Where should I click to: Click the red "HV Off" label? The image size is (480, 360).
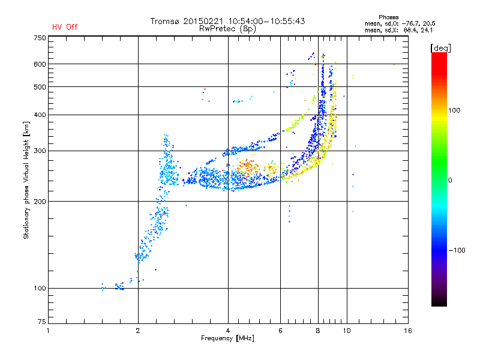click(65, 27)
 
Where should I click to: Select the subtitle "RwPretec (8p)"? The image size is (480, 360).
click(227, 29)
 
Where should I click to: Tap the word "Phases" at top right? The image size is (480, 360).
click(388, 17)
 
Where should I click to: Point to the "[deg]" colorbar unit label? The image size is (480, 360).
click(440, 48)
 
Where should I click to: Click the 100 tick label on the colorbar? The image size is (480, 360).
click(454, 110)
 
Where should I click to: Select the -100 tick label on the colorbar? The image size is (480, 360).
click(457, 250)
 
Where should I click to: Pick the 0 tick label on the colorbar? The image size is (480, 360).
click(450, 181)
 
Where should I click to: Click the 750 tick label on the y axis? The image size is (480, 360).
click(40, 38)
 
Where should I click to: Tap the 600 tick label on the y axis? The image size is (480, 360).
click(40, 64)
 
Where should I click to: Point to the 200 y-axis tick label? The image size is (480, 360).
click(40, 202)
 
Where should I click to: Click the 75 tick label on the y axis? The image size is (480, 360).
click(42, 322)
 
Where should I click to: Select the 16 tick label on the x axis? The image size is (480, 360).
click(408, 331)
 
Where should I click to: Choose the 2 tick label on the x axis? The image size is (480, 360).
click(138, 331)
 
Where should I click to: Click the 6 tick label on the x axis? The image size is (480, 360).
click(280, 331)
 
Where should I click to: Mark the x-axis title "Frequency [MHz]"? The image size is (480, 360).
click(227, 338)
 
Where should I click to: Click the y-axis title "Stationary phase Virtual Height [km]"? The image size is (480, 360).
click(26, 181)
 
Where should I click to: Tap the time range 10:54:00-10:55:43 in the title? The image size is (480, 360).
click(266, 21)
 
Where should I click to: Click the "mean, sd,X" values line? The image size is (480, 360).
click(398, 31)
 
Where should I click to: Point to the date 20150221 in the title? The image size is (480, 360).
click(203, 21)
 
